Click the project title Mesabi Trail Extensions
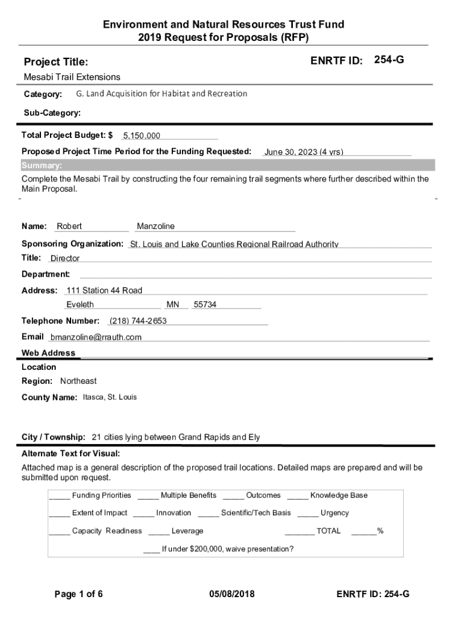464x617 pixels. coord(72,77)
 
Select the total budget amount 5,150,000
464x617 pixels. coord(142,136)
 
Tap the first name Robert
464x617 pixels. coord(69,227)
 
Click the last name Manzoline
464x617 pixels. coord(155,227)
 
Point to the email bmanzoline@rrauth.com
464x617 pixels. coord(96,337)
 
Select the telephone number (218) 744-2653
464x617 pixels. coord(138,321)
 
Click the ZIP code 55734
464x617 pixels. coord(205,305)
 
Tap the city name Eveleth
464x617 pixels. coord(80,305)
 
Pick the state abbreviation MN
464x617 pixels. coord(173,305)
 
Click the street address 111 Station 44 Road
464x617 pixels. coord(104,290)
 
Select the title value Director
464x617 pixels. coord(65,259)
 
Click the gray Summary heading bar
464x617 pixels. coord(228,166)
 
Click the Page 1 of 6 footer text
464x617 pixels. coord(78,595)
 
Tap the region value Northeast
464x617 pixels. coord(78,381)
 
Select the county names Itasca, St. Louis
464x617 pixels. coord(110,398)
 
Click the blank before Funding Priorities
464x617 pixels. coord(59,496)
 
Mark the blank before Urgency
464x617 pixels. coord(307,514)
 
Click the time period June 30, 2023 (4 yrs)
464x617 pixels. coord(304,152)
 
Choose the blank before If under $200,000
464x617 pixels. coord(151,550)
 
